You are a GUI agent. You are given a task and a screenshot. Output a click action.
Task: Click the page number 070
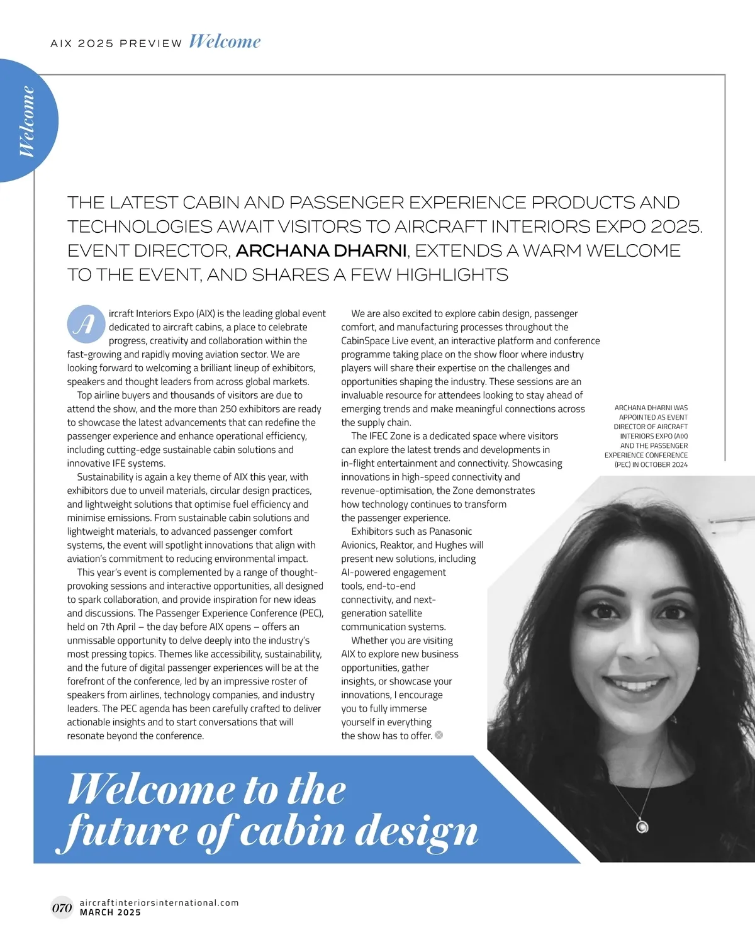[x=62, y=908]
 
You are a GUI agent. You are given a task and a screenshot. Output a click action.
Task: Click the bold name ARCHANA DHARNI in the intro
[x=322, y=250]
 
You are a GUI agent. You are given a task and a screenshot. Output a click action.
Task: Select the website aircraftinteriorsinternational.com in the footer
[x=159, y=902]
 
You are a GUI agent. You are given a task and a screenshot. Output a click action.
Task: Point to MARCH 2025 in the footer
[x=110, y=912]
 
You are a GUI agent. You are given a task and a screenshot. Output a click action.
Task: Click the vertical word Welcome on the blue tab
[x=27, y=121]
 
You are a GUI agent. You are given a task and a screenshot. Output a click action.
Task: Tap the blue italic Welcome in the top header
[x=224, y=42]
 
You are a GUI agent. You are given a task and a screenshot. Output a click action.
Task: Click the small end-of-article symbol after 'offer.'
[x=439, y=735]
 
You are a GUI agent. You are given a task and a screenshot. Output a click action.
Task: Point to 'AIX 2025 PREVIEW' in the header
[x=116, y=43]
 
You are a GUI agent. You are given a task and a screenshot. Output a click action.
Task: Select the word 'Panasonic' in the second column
[x=450, y=532]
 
